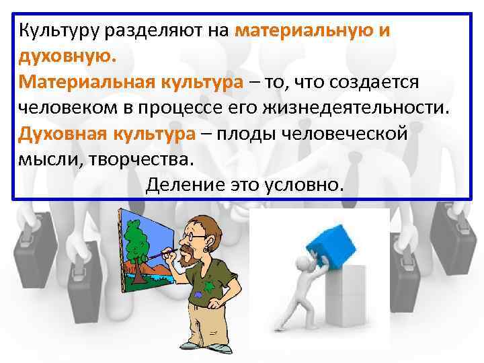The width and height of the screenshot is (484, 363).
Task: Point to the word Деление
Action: coord(177,184)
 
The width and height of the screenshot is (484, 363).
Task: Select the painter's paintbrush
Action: coord(161,255)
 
